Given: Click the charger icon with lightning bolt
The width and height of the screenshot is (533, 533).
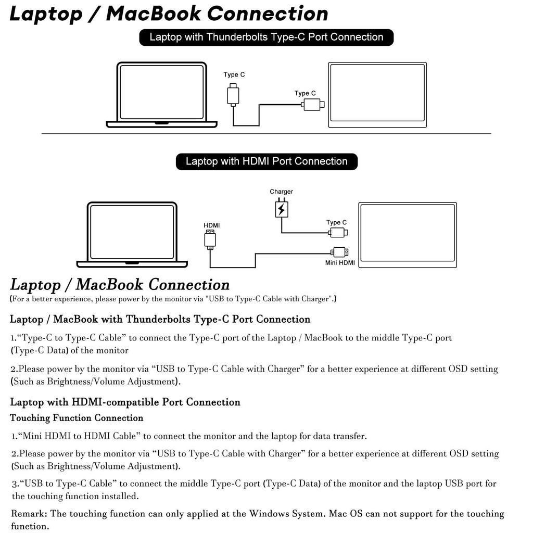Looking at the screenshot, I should pyautogui.click(x=281, y=209).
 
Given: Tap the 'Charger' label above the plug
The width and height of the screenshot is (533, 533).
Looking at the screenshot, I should pyautogui.click(x=281, y=192).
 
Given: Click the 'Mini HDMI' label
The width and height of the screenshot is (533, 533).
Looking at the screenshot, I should pyautogui.click(x=340, y=263).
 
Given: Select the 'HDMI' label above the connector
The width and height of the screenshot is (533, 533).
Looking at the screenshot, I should pyautogui.click(x=211, y=225).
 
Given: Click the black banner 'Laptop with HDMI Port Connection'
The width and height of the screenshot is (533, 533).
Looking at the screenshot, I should pyautogui.click(x=266, y=161).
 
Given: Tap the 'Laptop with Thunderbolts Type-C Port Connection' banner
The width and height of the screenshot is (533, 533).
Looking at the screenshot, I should pyautogui.click(x=266, y=37).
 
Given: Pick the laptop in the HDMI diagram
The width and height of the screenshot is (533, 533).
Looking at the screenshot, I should pyautogui.click(x=132, y=234).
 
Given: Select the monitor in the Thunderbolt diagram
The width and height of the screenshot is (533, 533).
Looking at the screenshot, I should pyautogui.click(x=377, y=95).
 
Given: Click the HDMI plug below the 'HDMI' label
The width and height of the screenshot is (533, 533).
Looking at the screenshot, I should pyautogui.click(x=210, y=240).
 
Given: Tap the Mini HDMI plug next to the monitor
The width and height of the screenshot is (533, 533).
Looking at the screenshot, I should pyautogui.click(x=340, y=252).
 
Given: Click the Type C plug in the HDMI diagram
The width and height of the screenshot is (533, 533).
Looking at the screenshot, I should pyautogui.click(x=338, y=232).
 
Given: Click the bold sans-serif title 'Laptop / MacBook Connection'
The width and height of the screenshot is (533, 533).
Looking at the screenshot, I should pyautogui.click(x=169, y=14).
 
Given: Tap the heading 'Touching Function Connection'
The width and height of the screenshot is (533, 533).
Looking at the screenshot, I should pyautogui.click(x=77, y=418).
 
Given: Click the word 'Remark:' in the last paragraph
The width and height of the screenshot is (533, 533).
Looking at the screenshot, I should pyautogui.click(x=29, y=514).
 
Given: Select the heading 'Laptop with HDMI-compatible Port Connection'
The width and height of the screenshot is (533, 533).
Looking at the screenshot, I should pyautogui.click(x=125, y=402).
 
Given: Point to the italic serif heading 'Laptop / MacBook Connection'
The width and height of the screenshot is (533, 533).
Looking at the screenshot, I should pyautogui.click(x=120, y=285).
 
